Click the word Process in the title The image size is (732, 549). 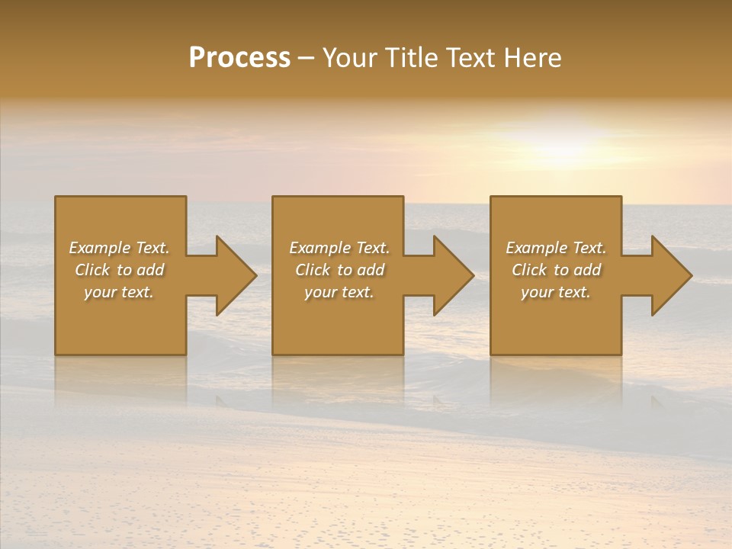[239, 58]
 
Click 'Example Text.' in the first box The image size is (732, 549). [119, 248]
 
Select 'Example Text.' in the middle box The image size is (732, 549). [339, 248]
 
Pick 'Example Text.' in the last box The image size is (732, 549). [556, 248]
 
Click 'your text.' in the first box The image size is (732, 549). [119, 292]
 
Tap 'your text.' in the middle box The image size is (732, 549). [339, 292]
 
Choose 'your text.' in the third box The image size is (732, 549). [556, 292]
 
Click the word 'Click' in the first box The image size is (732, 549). [92, 270]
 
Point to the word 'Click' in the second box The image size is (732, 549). [313, 270]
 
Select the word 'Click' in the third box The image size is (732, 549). [529, 270]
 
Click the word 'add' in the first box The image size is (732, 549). [150, 270]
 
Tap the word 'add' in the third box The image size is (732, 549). [587, 270]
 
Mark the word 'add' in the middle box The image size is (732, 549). [371, 270]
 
